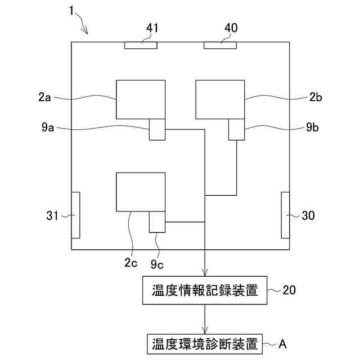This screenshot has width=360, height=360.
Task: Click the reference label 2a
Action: coord(45,97)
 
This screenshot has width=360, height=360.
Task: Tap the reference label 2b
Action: coord(316,97)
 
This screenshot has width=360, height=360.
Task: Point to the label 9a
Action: coord(48,128)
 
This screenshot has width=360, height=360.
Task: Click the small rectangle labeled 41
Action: coord(141,45)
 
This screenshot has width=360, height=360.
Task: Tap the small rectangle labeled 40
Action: coord(220,45)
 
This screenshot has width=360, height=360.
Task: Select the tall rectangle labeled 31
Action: coord(75,215)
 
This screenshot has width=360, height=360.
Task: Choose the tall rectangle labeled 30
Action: coord(285,215)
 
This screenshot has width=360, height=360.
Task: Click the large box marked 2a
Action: coord(141,100)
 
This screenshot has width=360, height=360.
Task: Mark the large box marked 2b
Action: coord(220,100)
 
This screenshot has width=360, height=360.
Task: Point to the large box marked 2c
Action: coord(140,192)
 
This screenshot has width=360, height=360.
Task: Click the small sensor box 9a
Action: coord(157,129)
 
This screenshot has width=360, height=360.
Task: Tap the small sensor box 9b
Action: coord(236,129)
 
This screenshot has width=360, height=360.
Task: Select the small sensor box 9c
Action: coord(157,222)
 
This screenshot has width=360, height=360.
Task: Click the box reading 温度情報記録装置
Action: coord(205,291)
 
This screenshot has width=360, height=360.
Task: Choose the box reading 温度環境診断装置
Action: coord(205,343)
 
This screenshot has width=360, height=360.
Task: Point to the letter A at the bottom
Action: coord(283,343)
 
